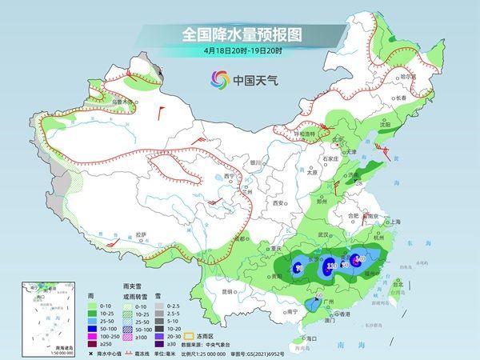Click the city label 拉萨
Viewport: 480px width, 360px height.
click(x=142, y=234)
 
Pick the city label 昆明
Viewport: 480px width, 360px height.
click(x=230, y=291)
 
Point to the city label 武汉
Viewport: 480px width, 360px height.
click(x=324, y=234)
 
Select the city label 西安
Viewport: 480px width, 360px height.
click(x=278, y=203)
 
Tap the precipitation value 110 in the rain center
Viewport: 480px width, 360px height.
click(x=330, y=265)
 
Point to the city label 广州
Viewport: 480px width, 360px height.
click(x=328, y=305)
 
